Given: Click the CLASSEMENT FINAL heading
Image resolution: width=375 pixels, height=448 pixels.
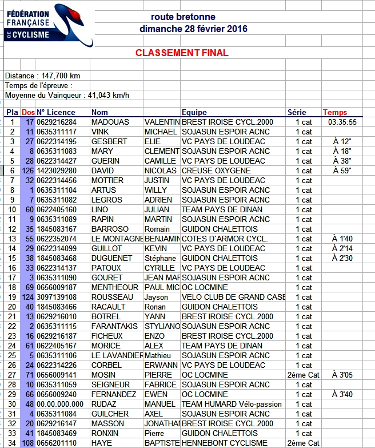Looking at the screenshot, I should (x=182, y=53).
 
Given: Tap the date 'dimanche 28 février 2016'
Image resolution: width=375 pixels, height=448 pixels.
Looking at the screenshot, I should (x=193, y=29).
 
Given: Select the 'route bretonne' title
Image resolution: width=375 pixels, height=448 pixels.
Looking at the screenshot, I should (x=183, y=17).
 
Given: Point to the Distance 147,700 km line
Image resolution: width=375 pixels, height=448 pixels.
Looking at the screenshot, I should (x=42, y=76).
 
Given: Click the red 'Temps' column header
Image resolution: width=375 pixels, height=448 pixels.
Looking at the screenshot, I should (x=335, y=112).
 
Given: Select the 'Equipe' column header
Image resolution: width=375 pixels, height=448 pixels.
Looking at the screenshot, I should (x=194, y=112).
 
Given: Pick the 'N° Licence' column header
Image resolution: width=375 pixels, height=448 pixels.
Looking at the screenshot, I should (x=57, y=112).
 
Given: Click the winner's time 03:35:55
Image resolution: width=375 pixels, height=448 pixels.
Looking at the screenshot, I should (x=342, y=122).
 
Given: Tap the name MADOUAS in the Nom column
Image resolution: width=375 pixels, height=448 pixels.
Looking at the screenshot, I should (x=110, y=122).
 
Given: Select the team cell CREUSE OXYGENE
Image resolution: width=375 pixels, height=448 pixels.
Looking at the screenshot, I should (x=216, y=171).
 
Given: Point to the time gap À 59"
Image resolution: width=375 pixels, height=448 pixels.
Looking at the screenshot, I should (x=342, y=171).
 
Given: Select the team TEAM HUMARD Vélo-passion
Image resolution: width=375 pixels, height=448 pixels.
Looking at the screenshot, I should (x=232, y=404).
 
